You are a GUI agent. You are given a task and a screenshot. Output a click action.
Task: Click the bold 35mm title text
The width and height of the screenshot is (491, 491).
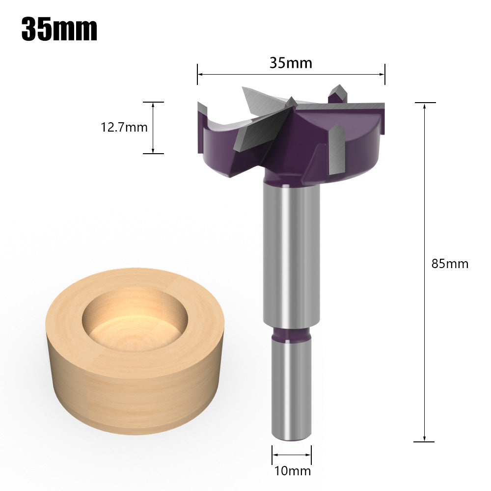[x=59, y=29]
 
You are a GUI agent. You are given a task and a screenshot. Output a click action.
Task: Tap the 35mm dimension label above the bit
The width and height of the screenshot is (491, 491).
[x=291, y=63]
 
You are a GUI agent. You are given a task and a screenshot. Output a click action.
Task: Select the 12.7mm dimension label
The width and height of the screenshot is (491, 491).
[x=124, y=128]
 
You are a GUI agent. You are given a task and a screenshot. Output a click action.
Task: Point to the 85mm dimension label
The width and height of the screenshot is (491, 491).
[x=450, y=264]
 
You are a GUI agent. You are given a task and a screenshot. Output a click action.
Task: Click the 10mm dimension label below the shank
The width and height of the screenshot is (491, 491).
[x=292, y=471]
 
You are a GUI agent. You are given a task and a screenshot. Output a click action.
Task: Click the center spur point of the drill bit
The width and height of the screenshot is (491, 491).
[x=291, y=102]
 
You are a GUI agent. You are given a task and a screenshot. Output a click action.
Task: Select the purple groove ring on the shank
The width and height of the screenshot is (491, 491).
[x=291, y=334]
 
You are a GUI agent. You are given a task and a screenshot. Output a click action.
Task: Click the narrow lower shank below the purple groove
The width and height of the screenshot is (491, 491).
[x=291, y=388]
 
